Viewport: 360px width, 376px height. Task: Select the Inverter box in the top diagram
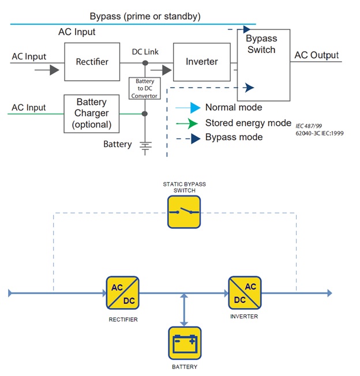click(201, 61)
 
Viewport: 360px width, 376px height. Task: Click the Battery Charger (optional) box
click(91, 113)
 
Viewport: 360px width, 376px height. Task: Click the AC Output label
click(317, 55)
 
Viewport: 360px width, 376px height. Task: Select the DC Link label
click(145, 52)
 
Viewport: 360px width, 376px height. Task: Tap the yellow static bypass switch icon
click(184, 212)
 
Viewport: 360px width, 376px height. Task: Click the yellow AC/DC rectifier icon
click(122, 292)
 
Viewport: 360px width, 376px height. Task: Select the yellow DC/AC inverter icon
click(245, 292)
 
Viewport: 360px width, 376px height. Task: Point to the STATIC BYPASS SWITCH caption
click(184, 187)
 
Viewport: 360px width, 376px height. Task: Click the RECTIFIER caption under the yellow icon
click(123, 319)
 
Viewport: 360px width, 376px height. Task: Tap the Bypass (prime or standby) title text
click(145, 16)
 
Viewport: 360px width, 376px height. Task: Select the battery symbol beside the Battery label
click(145, 148)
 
